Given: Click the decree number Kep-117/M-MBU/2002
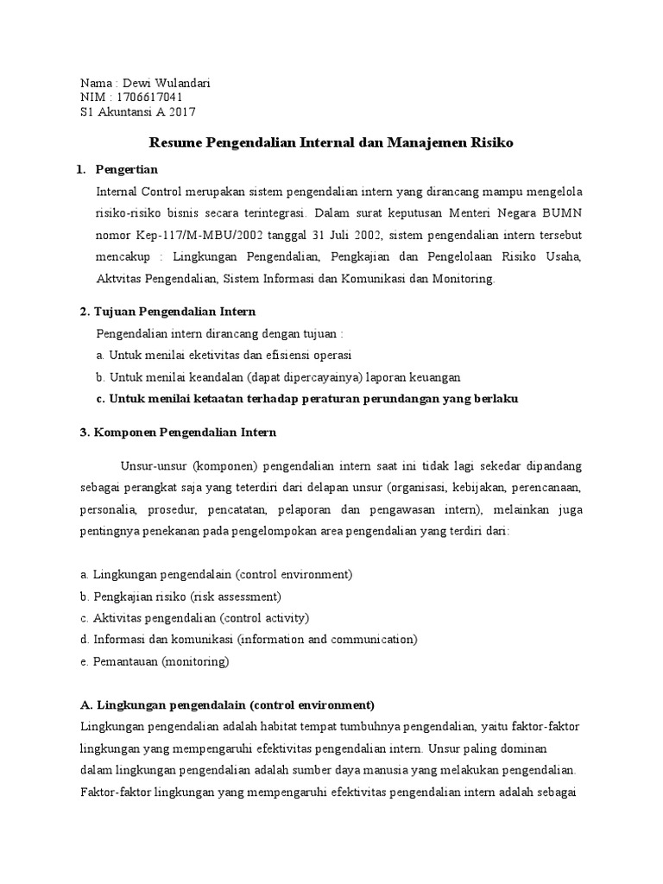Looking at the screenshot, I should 186,236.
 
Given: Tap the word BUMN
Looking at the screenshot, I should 562,213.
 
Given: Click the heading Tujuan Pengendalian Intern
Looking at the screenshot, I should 175,311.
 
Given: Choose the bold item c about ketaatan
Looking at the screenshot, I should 306,399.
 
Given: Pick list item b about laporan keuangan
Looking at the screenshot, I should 278,377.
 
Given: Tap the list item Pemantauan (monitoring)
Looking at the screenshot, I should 154,662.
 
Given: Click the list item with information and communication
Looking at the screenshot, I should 248,640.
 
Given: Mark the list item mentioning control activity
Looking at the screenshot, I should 193,618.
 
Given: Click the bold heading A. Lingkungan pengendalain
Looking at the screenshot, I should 226,704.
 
